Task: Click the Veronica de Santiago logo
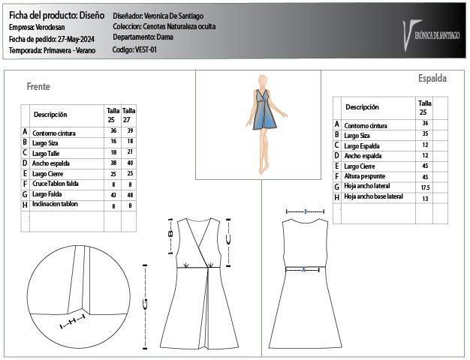coord(432,31)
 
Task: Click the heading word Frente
coord(38,87)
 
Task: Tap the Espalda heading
coord(432,78)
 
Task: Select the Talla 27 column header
coord(129,115)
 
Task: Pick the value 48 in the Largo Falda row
coord(130,194)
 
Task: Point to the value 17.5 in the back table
coord(425,187)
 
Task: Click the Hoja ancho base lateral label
coord(373,197)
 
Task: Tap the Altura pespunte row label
coord(367,176)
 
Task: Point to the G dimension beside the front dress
coord(144,303)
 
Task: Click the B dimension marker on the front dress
coord(170,234)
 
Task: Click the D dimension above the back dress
coord(306,211)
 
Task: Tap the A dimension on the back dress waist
coord(303,268)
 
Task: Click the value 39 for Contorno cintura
coord(130,130)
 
